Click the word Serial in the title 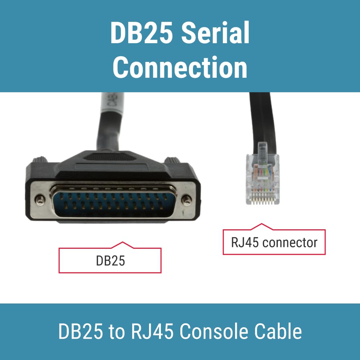click(215, 32)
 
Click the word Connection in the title click(180, 68)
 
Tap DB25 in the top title click(141, 32)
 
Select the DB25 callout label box click(110, 260)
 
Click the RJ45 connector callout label click(274, 242)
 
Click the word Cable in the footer click(278, 331)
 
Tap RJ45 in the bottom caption click(152, 331)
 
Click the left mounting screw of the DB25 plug click(40, 200)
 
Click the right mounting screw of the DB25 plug click(186, 200)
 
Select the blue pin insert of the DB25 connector click(113, 201)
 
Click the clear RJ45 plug click(262, 177)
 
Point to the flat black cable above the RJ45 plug click(262, 120)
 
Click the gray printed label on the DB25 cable click(112, 103)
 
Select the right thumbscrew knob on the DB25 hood click(172, 160)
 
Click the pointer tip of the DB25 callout click(122, 242)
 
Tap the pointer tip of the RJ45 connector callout click(261, 224)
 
